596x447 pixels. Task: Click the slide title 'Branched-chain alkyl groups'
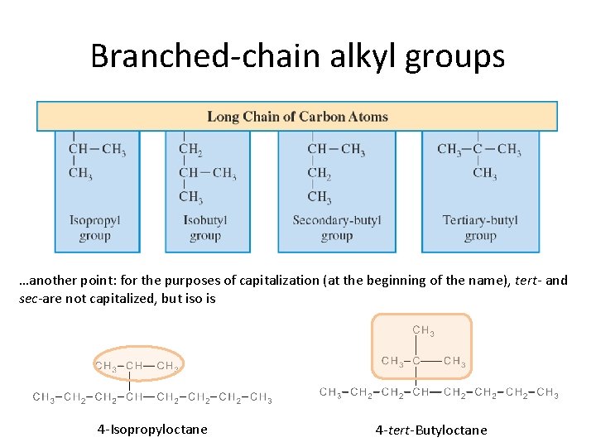[x=297, y=56]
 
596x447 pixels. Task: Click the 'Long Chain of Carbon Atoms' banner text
[x=297, y=117]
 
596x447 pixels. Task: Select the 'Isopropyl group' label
[x=95, y=228]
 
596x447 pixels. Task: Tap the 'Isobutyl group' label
[x=205, y=228]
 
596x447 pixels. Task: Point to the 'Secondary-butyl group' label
[x=336, y=228]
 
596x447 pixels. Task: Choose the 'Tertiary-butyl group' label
[x=480, y=228]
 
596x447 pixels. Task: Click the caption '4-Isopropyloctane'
[x=152, y=429]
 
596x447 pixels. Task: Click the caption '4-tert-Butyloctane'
[x=431, y=430]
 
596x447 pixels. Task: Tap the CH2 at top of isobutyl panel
[x=190, y=150]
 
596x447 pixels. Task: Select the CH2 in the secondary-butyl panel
[x=320, y=173]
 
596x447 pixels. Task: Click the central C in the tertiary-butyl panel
[x=478, y=150]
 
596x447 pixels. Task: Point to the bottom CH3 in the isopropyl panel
[x=80, y=173]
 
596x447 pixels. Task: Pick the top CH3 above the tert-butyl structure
[x=423, y=331]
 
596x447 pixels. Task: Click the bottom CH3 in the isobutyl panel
[x=190, y=197]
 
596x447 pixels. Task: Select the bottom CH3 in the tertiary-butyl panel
[x=485, y=173]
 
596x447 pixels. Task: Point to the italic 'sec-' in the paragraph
[x=30, y=299]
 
